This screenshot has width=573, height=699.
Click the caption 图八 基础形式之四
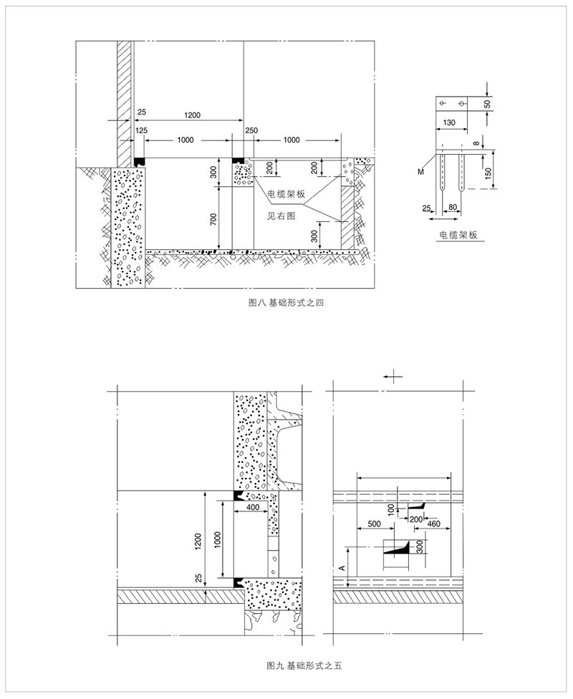[x=286, y=303]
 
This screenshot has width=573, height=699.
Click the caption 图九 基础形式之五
[x=304, y=666]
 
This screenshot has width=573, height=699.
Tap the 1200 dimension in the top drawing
[x=192, y=115]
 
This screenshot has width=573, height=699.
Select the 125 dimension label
[x=142, y=130]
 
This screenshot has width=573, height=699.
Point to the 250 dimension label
[x=251, y=130]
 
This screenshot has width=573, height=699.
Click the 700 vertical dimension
[x=213, y=220]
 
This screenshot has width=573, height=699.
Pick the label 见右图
[x=281, y=216]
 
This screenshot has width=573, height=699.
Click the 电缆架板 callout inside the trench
[x=286, y=194]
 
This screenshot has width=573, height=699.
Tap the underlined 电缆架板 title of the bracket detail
[x=458, y=234]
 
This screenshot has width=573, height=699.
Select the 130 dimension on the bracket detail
[x=450, y=122]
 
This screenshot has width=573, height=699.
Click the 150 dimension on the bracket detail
[x=488, y=172]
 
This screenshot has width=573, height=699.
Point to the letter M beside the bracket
[x=421, y=172]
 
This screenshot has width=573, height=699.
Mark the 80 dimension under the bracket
[x=453, y=207]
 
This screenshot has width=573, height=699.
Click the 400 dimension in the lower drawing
[x=253, y=507]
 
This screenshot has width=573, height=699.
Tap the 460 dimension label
[x=434, y=524]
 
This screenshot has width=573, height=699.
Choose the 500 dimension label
[x=374, y=524]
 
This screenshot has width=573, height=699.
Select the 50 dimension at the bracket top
[x=487, y=104]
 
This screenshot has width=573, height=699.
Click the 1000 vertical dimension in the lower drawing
[x=218, y=540]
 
